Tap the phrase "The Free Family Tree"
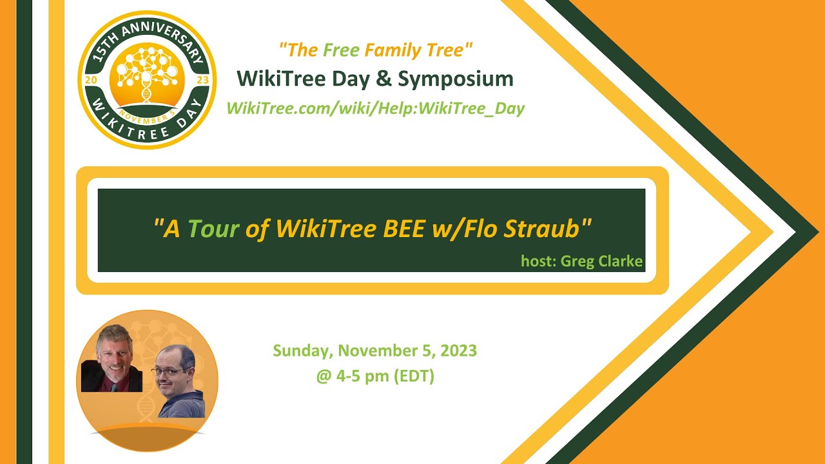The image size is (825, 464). [x=376, y=49]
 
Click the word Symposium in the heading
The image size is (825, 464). [x=456, y=79]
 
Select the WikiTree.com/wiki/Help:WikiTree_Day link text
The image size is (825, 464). [x=375, y=108]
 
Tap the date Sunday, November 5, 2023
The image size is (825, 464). [x=374, y=351]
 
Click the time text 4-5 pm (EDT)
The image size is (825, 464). [x=375, y=376]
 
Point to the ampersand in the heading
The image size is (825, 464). [x=384, y=79]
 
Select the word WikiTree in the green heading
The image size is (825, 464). [x=277, y=79]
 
